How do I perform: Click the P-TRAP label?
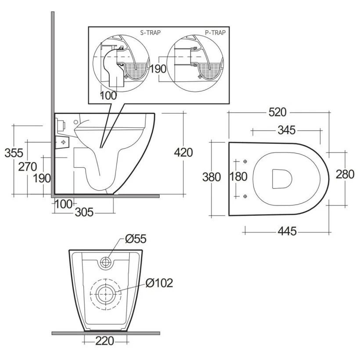pyautogui.click(x=216, y=32)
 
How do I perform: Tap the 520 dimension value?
pyautogui.click(x=277, y=112)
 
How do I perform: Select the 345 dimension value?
pyautogui.click(x=286, y=130)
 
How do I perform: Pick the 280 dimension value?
pyautogui.click(x=345, y=174)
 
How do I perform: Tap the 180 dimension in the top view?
pyautogui.click(x=238, y=176)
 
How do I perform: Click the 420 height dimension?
pyautogui.click(x=183, y=153)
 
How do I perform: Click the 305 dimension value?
pyautogui.click(x=84, y=212)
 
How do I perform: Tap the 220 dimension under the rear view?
pyautogui.click(x=105, y=341)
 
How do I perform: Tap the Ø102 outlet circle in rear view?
pyautogui.click(x=105, y=292)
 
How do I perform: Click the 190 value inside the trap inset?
pyautogui.click(x=158, y=69)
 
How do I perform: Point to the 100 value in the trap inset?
pyautogui.click(x=108, y=95)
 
